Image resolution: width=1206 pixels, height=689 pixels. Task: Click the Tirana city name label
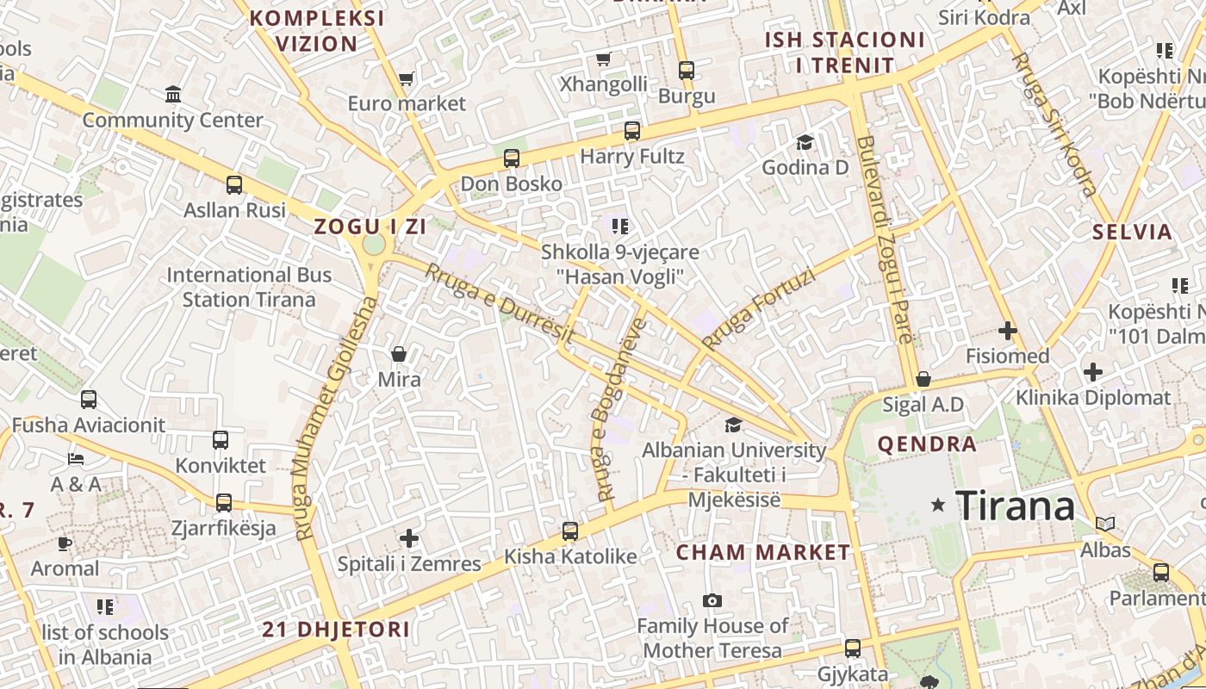pyautogui.click(x=1016, y=505)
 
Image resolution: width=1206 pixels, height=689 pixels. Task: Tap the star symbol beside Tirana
pyautogui.click(x=938, y=505)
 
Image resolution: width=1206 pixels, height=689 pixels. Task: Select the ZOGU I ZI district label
pyautogui.click(x=370, y=227)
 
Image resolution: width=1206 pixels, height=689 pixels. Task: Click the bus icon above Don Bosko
pyautogui.click(x=512, y=158)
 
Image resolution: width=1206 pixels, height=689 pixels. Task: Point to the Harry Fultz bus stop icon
pyautogui.click(x=632, y=131)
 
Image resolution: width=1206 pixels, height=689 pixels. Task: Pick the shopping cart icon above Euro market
pyautogui.click(x=407, y=78)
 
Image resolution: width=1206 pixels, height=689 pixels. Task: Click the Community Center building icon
pyautogui.click(x=173, y=94)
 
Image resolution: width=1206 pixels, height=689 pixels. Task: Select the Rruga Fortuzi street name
pyautogui.click(x=757, y=309)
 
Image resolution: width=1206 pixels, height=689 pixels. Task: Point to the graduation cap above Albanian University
pyautogui.click(x=733, y=425)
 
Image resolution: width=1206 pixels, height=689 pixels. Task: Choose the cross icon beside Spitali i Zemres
pyautogui.click(x=409, y=539)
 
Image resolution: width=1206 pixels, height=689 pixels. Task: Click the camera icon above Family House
pyautogui.click(x=712, y=600)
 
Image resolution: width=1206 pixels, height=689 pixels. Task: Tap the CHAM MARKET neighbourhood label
pyautogui.click(x=763, y=553)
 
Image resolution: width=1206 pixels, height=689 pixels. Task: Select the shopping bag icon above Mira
pyautogui.click(x=399, y=354)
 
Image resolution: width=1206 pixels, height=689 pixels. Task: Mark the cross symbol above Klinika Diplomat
pyautogui.click(x=1093, y=372)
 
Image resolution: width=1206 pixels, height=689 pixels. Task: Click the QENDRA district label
pyautogui.click(x=927, y=444)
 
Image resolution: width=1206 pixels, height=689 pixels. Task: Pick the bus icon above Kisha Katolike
pyautogui.click(x=570, y=531)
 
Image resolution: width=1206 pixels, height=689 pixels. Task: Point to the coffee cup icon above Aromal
pyautogui.click(x=65, y=543)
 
